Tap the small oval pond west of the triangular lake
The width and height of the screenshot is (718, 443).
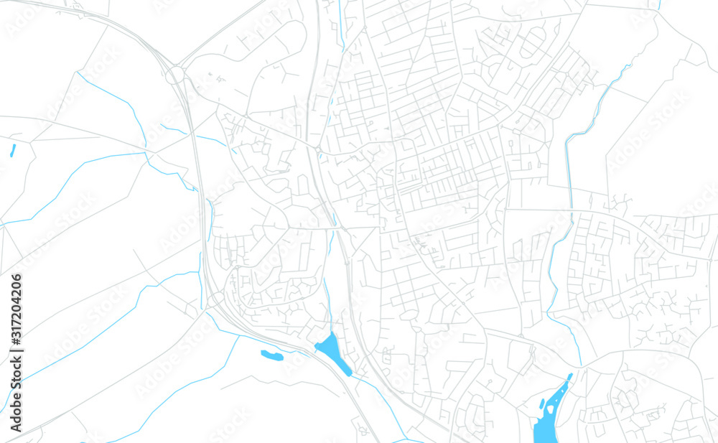click(x=271, y=354)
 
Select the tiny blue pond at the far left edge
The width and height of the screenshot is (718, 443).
click(x=13, y=150)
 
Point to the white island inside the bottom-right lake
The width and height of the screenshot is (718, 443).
click(x=551, y=409)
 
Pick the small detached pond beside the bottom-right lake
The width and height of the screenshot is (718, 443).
click(x=541, y=404)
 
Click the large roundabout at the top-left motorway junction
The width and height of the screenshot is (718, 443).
click(x=175, y=75)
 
